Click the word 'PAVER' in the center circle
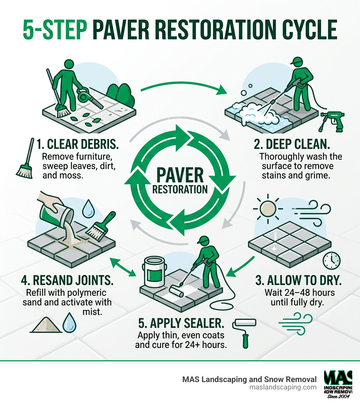tap(180, 175)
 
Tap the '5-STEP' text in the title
tap(55, 31)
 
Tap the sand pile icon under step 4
tap(45, 325)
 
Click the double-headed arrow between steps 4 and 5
tap(123, 267)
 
